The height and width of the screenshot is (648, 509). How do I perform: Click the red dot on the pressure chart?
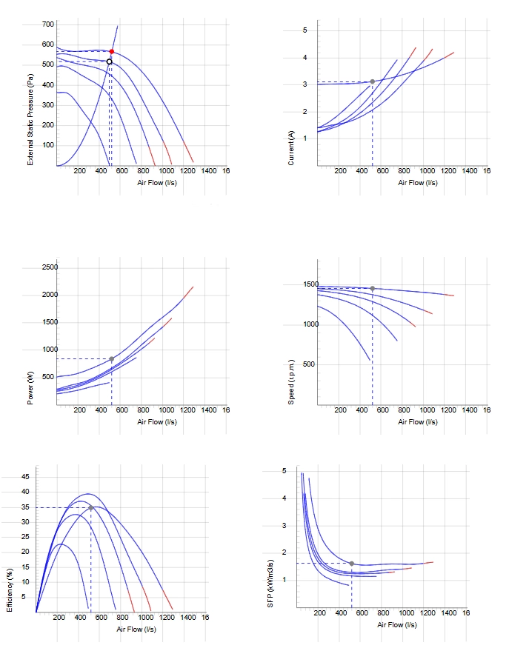(112, 52)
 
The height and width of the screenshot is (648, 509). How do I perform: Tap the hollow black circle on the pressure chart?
(109, 62)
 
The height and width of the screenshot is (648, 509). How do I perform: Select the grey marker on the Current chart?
(373, 81)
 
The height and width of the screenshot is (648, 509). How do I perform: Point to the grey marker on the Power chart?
(112, 359)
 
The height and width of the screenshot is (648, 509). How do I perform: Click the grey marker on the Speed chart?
(373, 289)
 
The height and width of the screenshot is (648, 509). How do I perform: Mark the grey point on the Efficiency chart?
(91, 508)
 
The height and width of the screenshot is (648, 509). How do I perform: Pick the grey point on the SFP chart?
(352, 564)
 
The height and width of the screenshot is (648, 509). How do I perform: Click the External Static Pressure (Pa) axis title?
(30, 120)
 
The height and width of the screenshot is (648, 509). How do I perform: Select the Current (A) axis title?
(291, 148)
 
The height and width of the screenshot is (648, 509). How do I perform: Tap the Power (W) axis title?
(30, 388)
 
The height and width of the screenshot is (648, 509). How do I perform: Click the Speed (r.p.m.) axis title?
(291, 382)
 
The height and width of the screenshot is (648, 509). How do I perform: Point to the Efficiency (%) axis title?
(10, 590)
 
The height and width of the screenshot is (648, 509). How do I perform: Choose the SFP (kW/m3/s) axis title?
(270, 584)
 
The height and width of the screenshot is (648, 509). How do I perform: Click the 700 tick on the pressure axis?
(48, 24)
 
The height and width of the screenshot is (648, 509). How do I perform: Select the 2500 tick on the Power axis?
(50, 267)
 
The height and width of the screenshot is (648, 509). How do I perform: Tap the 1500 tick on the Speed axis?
(311, 284)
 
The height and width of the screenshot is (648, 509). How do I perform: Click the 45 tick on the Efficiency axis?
(26, 477)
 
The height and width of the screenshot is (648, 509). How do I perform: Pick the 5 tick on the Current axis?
(305, 30)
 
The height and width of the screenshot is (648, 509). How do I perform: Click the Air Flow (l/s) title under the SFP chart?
(397, 625)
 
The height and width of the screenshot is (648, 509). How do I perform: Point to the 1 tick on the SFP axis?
(285, 580)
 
